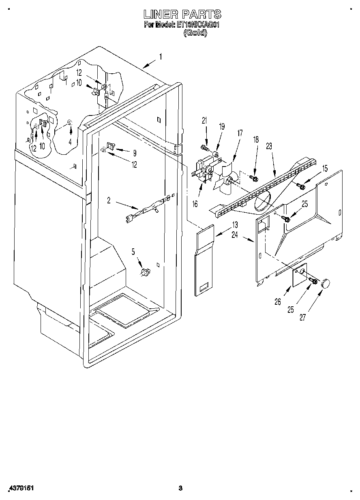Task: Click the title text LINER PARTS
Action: [x=182, y=14]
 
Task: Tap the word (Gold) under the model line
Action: [x=195, y=34]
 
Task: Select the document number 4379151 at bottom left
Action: [x=20, y=488]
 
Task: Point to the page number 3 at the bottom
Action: [x=181, y=488]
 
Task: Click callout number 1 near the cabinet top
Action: [x=160, y=57]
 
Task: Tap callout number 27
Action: [x=302, y=318]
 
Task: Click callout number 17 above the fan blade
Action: [x=240, y=132]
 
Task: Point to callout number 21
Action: [x=204, y=120]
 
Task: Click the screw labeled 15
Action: [x=301, y=186]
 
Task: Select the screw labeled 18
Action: [x=254, y=178]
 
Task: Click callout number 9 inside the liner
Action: [x=134, y=153]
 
